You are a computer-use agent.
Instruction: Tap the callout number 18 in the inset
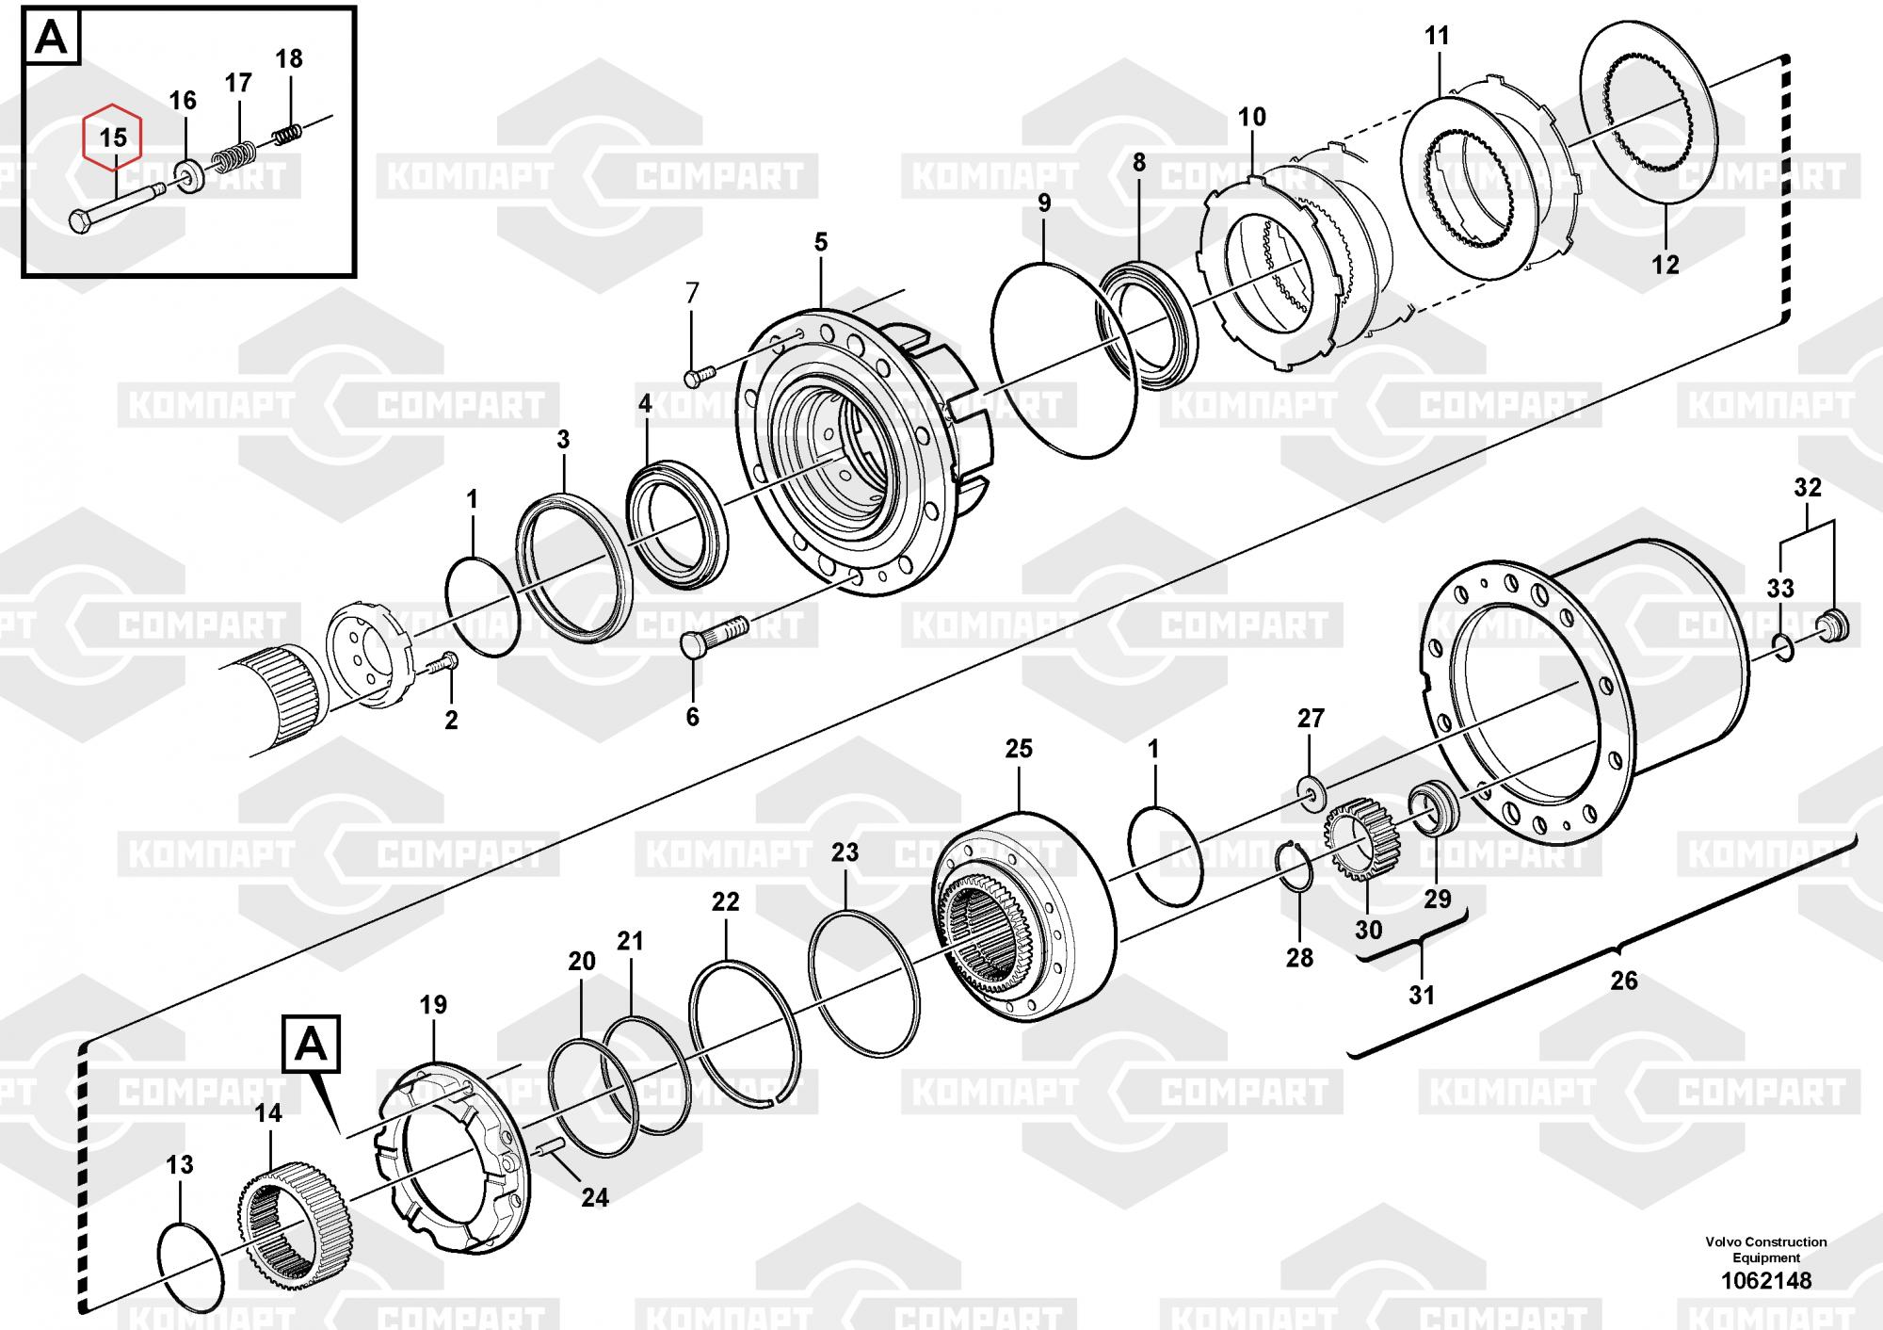289,58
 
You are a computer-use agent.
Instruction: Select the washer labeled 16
190,176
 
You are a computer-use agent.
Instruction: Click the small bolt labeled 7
700,376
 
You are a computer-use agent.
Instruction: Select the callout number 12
1666,265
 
